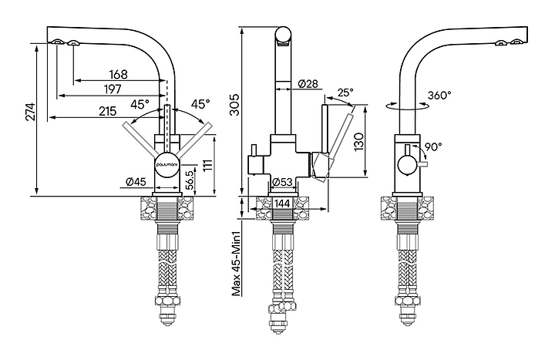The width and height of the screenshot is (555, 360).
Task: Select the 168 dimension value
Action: [x=119, y=75]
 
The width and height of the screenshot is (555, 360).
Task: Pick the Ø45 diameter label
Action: [x=135, y=182]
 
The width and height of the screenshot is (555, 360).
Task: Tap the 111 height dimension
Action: [x=209, y=164]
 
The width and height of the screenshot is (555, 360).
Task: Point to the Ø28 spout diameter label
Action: [x=307, y=84]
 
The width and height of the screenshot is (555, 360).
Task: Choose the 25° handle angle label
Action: [x=344, y=93]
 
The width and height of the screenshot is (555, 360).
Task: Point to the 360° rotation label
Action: [x=439, y=96]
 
